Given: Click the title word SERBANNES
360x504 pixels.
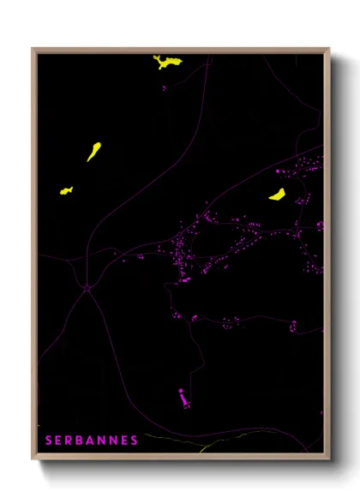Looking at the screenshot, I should click(92, 441).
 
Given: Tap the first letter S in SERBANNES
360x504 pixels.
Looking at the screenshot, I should click(49, 441).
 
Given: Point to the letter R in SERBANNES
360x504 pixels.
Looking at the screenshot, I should click(71, 441).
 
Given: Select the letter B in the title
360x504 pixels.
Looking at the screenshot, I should click(82, 441).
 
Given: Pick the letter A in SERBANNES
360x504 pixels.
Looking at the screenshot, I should click(93, 441).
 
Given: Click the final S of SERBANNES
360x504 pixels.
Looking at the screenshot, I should click(135, 441).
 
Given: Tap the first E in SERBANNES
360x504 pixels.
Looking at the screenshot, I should click(60, 441).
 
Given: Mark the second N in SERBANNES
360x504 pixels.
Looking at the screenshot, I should click(115, 441).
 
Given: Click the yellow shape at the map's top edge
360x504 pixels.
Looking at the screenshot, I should click(167, 62).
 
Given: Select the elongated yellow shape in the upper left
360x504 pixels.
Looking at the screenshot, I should click(93, 152).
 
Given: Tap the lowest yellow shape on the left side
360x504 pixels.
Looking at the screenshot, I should click(65, 190).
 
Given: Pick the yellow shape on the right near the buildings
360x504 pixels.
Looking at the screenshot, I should click(278, 195).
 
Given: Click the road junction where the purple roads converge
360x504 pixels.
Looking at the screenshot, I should click(87, 288).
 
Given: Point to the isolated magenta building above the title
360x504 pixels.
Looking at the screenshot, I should click(182, 397).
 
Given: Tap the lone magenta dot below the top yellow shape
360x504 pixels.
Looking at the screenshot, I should click(163, 86).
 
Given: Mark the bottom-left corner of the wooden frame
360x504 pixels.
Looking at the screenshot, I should click(33, 459).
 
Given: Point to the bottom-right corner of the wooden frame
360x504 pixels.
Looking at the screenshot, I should click(329, 459).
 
